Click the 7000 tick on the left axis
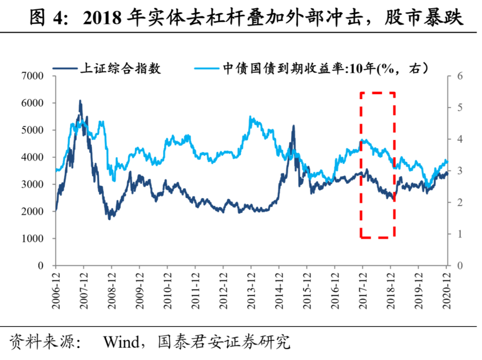click(x=33, y=76)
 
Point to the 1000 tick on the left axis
click(x=33, y=239)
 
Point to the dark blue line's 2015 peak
click(x=293, y=126)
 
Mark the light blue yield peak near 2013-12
click(x=250, y=117)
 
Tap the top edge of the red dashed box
click(x=378, y=93)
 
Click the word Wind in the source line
click(x=121, y=343)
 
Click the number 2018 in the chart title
click(x=103, y=18)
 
